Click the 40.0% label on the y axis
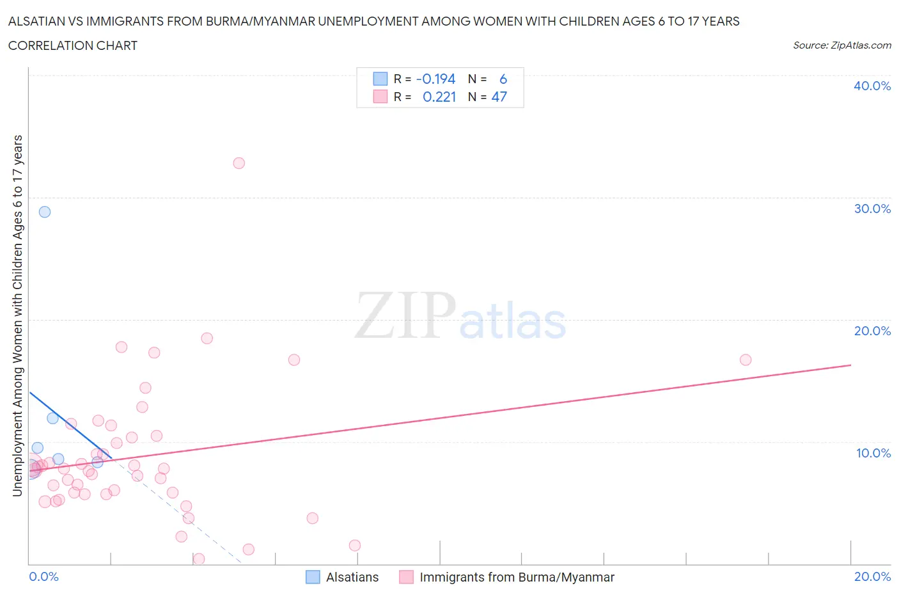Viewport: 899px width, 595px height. pos(872,86)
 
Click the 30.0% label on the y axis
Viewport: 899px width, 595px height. pos(872,209)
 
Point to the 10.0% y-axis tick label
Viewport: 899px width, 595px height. pos(873,453)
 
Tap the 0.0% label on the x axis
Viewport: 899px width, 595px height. pos(43,576)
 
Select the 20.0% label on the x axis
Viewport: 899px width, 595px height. pos(872,576)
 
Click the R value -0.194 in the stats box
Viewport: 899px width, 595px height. pos(435,79)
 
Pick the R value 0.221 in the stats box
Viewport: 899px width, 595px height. pos(439,97)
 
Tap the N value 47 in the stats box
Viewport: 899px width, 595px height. pos(499,97)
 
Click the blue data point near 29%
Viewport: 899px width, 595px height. pos(45,212)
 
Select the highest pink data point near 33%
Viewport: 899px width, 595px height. pos(238,163)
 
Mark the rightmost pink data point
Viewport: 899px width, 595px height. pos(745,360)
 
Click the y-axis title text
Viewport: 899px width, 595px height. pos(17,315)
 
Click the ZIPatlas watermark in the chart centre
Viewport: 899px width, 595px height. pos(460,317)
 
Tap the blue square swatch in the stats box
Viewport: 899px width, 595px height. pos(380,79)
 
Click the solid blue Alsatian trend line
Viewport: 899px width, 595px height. pos(70,425)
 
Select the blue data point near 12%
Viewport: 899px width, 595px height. pos(52,418)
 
